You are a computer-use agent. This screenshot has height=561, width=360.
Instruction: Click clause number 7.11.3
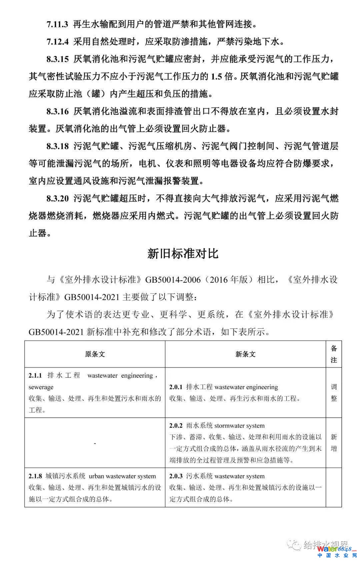pyautogui.click(x=57, y=24)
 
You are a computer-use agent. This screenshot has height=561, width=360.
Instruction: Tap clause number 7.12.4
pyautogui.click(x=57, y=42)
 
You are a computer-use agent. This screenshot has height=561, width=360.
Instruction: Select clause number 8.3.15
pyautogui.click(x=57, y=59)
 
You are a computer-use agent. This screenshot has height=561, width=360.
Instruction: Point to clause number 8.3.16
pyautogui.click(x=57, y=111)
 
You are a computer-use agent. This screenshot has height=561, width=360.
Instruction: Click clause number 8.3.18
pyautogui.click(x=57, y=146)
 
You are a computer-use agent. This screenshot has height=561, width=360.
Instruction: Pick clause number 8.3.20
pyautogui.click(x=57, y=198)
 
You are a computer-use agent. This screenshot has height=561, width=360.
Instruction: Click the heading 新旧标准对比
pyautogui.click(x=183, y=254)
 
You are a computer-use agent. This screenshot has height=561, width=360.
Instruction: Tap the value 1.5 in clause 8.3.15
pyautogui.click(x=216, y=76)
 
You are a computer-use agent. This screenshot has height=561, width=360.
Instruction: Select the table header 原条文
pyautogui.click(x=95, y=354)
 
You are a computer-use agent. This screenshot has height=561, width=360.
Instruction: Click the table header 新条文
pyautogui.click(x=245, y=354)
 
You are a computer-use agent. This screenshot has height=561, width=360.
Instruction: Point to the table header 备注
pyautogui.click(x=334, y=354)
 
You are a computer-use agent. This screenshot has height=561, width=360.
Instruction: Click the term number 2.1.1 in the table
pyautogui.click(x=35, y=376)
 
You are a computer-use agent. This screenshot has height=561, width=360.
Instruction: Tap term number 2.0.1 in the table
pyautogui.click(x=176, y=387)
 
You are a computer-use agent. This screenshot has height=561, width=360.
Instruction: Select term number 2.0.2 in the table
pyautogui.click(x=176, y=426)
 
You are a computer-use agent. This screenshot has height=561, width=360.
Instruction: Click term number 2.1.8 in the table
pyautogui.click(x=35, y=476)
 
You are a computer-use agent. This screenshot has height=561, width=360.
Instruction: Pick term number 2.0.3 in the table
pyautogui.click(x=176, y=476)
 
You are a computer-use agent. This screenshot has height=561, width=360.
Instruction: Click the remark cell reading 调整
pyautogui.click(x=334, y=393)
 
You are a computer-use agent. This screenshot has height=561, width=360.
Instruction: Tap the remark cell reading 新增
pyautogui.click(x=334, y=443)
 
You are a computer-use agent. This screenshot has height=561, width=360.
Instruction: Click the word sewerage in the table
pyautogui.click(x=41, y=387)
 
